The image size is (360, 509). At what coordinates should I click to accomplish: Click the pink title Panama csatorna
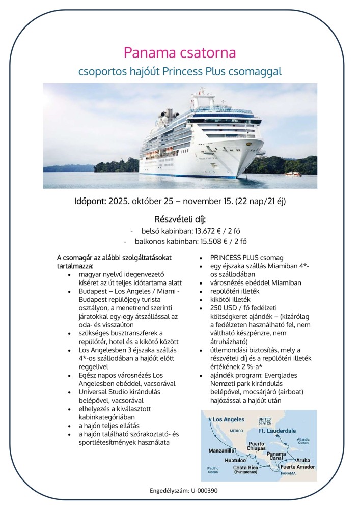[x=180, y=53]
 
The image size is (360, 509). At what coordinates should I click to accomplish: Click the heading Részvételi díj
[x=180, y=219]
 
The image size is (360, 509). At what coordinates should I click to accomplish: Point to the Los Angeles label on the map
[x=228, y=419]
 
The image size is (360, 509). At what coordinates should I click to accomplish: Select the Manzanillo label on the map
[x=221, y=451]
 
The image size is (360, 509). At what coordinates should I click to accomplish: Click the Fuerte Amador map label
[x=297, y=467]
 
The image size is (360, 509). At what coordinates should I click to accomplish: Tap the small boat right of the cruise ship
[x=293, y=174]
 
